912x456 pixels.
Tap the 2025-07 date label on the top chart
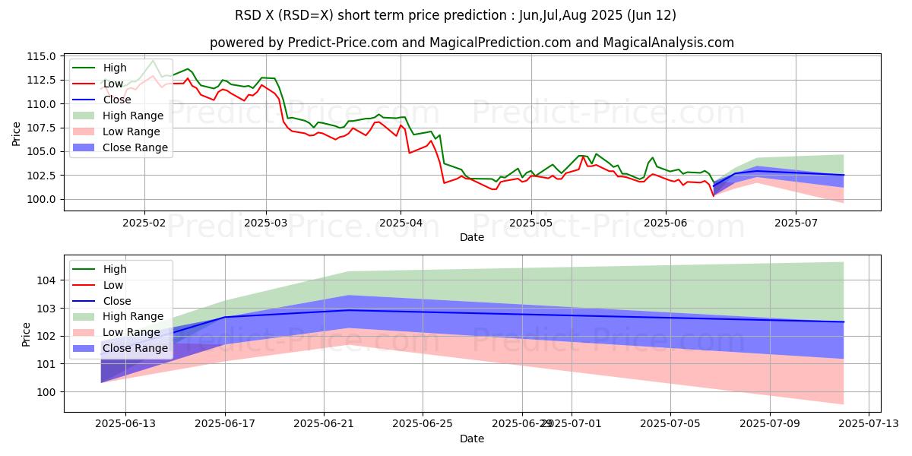click(x=796, y=224)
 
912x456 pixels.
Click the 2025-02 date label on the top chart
click(x=144, y=224)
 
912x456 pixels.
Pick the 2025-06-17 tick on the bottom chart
click(x=225, y=424)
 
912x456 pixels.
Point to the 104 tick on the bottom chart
click(x=49, y=280)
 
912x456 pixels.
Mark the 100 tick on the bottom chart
click(x=49, y=392)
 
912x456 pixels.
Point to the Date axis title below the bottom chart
click(x=472, y=439)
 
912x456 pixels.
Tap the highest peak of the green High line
click(x=153, y=61)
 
